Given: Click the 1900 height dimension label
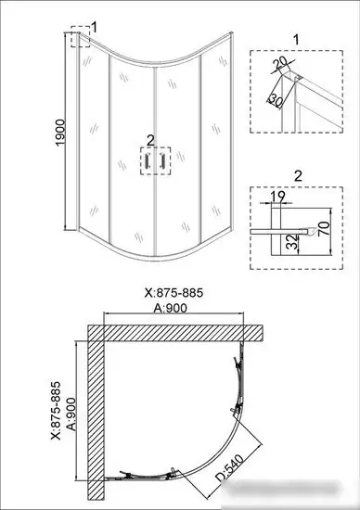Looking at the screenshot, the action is click(x=61, y=133).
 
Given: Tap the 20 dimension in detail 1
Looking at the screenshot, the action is click(x=280, y=63).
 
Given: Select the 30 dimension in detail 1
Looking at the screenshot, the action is click(x=276, y=100).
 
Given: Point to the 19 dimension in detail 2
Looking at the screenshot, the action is click(x=277, y=197).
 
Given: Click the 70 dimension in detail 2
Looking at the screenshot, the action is click(x=325, y=228).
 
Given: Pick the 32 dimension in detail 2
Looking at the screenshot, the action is click(x=293, y=242).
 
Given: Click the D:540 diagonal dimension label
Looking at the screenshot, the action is click(x=230, y=468).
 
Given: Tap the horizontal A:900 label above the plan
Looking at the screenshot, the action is click(x=171, y=308).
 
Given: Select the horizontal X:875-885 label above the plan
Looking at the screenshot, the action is click(x=174, y=293).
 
